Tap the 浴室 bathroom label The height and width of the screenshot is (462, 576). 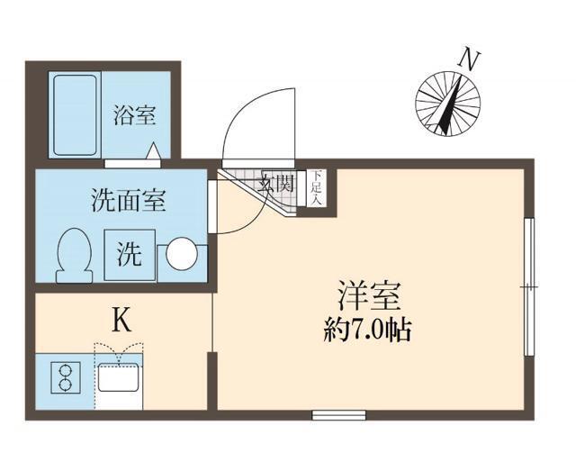(x=135, y=115)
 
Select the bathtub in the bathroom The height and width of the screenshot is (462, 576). (x=75, y=114)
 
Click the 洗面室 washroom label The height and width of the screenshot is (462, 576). (x=129, y=200)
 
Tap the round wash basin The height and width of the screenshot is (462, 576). (x=182, y=254)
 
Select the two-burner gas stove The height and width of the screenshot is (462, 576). (x=65, y=378)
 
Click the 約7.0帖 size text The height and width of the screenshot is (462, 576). (x=367, y=331)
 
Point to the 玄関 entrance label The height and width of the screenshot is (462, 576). (x=277, y=186)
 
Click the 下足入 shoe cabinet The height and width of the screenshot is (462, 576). (x=317, y=189)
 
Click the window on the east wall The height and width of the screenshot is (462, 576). (x=531, y=286)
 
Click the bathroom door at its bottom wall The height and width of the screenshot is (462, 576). (x=131, y=163)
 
